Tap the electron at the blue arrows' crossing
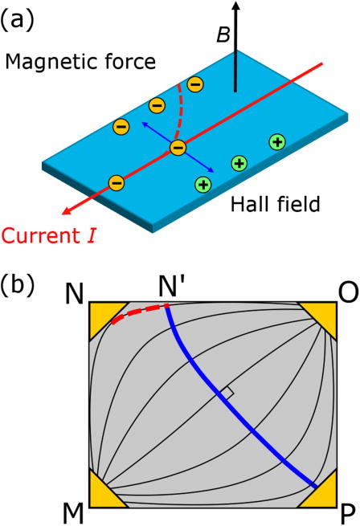tap(178, 148)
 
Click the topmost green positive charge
tap(276, 142)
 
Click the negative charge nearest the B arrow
tap(195, 84)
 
